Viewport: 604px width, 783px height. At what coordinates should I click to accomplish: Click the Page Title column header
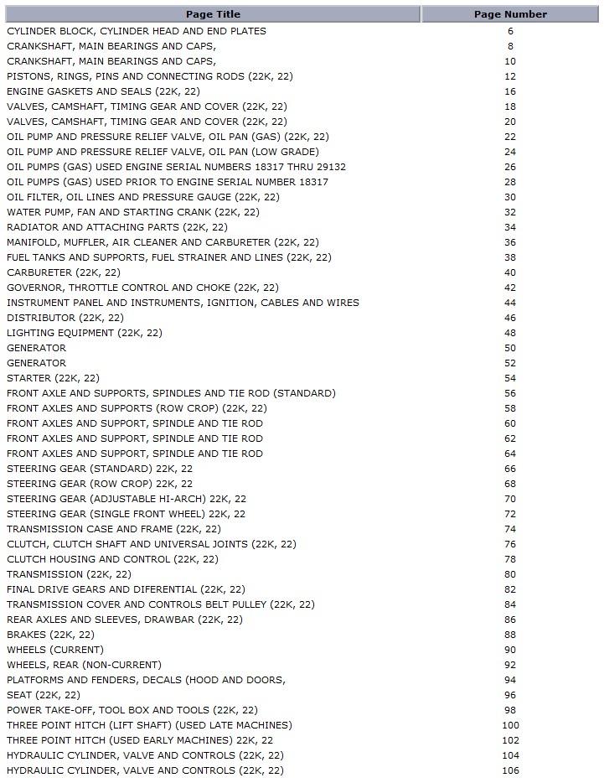click(x=212, y=14)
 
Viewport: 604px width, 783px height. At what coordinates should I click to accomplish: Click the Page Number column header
click(x=510, y=14)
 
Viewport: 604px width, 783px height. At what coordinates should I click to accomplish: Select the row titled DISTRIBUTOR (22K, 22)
click(x=65, y=318)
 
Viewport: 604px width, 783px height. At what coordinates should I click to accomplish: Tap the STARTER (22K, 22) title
click(x=53, y=378)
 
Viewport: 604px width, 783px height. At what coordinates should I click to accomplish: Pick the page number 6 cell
click(x=510, y=31)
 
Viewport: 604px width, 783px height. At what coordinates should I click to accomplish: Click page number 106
click(x=510, y=770)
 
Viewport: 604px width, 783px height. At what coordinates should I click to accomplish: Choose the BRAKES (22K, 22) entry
click(x=50, y=635)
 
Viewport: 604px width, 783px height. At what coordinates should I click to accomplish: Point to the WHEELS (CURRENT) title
click(x=55, y=650)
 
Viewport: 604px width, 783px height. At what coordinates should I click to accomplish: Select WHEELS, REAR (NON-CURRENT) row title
click(x=84, y=665)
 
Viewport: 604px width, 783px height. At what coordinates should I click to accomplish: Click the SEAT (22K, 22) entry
click(x=44, y=695)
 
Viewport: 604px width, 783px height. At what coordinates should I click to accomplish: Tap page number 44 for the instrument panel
click(x=510, y=303)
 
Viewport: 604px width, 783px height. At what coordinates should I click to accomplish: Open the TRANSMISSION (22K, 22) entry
click(x=69, y=574)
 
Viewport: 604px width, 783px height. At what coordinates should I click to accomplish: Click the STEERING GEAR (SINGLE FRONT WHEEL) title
click(x=126, y=514)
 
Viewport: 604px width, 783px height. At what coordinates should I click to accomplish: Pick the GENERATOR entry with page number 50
click(x=36, y=348)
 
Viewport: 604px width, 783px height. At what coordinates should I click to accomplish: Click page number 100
click(x=510, y=725)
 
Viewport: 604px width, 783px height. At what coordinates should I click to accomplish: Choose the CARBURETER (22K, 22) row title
click(x=64, y=272)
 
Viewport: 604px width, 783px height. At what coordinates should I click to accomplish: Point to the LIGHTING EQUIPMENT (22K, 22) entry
click(x=85, y=333)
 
